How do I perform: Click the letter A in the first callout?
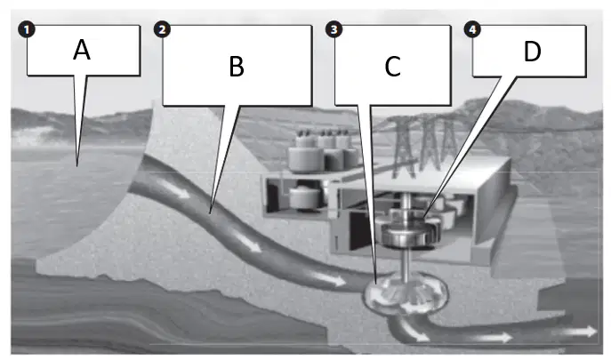(82, 50)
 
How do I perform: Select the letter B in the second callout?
(237, 67)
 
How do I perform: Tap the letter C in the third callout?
(392, 67)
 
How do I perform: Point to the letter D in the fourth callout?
(532, 51)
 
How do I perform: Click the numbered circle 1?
(27, 30)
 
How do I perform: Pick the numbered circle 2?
(162, 29)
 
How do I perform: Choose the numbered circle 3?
(334, 29)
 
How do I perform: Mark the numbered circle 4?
(472, 29)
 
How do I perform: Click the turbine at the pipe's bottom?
(406, 295)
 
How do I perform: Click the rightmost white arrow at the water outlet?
(574, 332)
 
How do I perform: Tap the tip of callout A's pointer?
(77, 166)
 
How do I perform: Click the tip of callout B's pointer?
(211, 213)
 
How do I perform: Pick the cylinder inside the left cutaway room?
(305, 196)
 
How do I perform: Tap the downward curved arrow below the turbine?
(412, 330)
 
